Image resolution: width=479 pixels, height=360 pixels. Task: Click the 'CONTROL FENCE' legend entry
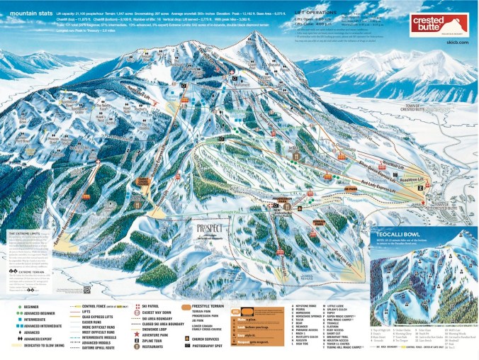tap(93, 305)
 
